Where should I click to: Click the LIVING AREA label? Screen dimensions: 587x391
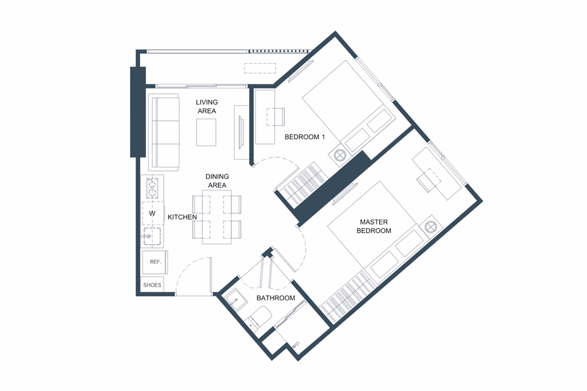207,106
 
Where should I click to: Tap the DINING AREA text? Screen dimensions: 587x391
217,181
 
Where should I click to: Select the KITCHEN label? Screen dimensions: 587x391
182,217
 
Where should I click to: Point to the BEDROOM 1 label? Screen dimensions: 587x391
305,137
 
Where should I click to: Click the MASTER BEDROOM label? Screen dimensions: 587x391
374,226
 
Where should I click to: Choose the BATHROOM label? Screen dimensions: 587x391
276,298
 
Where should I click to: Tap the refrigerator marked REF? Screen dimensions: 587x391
155,262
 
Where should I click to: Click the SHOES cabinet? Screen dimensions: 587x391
152,285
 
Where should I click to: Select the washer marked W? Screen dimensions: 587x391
153,213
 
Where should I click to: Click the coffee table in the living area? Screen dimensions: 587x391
206,132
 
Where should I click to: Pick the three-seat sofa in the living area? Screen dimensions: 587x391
164,132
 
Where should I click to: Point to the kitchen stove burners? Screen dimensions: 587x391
152,188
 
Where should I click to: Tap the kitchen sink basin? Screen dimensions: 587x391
152,236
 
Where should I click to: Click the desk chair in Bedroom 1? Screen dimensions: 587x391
276,117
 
